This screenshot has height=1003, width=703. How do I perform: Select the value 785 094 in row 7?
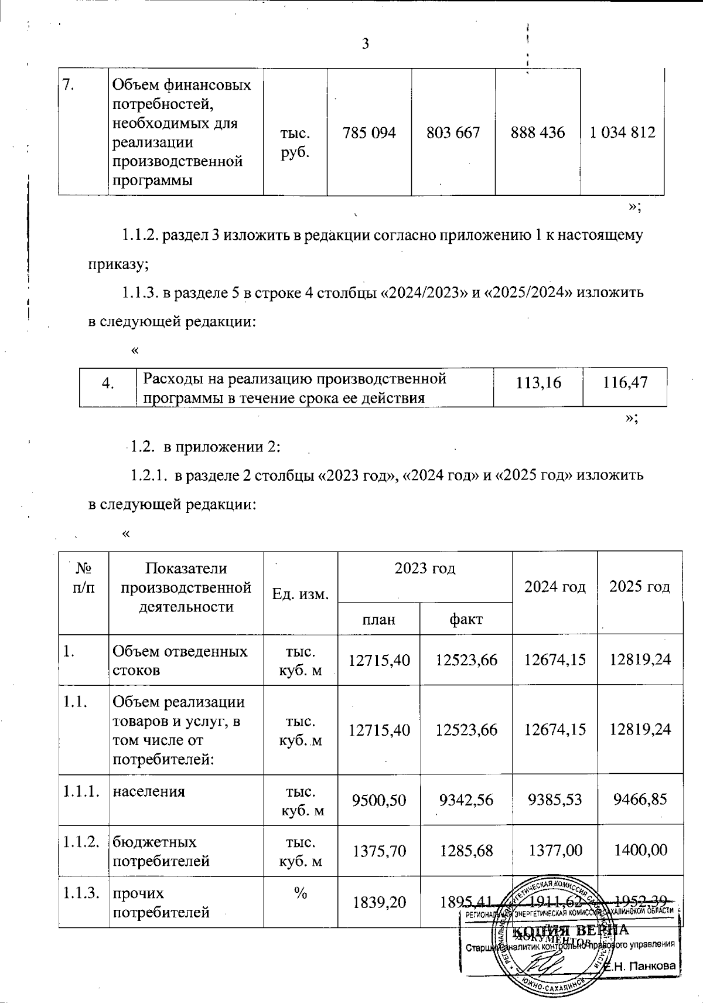(370, 132)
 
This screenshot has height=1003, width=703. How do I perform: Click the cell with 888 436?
(538, 132)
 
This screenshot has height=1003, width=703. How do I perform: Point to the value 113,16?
(538, 383)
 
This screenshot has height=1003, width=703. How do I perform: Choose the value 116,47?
(625, 383)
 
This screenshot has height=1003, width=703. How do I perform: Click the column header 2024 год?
(555, 587)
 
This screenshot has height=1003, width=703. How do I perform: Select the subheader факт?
(466, 619)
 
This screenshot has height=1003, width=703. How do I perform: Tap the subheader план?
(379, 619)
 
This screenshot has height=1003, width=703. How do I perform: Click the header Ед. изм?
(301, 594)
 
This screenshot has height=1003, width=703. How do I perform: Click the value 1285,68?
(467, 849)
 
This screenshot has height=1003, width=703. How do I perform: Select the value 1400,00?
(640, 849)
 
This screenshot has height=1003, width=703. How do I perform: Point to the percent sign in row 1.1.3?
(301, 893)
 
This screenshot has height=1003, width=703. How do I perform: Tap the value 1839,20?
(379, 902)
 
